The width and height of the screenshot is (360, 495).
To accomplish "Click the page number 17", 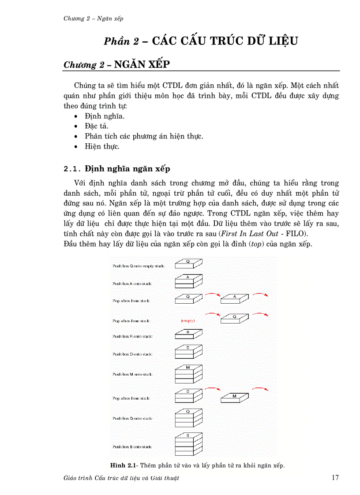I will click(335, 478).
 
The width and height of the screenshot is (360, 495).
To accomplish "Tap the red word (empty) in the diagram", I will click(187, 320).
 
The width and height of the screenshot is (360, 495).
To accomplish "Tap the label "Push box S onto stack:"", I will click(132, 447).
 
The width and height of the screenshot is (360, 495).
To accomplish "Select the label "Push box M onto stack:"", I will click(132, 374).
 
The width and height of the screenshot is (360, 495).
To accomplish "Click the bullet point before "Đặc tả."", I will click(76, 126).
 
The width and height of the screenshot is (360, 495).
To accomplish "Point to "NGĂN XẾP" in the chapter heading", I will click(142, 64).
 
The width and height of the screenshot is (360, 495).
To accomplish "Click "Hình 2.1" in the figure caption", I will click(125, 465).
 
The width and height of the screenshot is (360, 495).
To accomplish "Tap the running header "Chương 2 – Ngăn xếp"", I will click(93, 18).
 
